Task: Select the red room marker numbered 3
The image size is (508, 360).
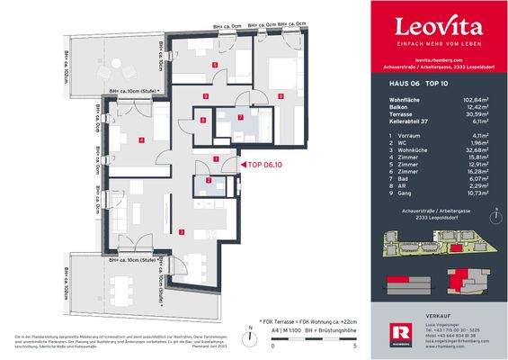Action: coord(183,232)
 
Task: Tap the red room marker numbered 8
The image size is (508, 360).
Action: coord(203,120)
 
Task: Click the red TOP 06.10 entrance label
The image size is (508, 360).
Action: coord(267,165)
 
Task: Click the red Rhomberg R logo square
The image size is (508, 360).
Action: coord(382,328)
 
